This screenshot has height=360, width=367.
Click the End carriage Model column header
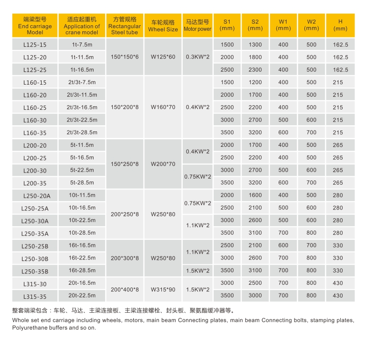coord(35,26)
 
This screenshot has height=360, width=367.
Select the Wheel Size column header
coord(163,26)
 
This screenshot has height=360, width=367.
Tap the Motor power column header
coord(197,26)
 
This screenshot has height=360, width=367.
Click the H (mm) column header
coord(340,26)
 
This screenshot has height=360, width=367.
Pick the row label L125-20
coord(35,57)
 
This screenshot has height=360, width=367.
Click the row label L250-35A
coord(35,233)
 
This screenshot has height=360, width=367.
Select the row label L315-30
coord(35,284)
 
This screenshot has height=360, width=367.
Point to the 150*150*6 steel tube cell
coord(125,57)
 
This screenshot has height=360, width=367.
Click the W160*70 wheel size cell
coord(163,107)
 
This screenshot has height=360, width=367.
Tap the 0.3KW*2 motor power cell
coord(197,57)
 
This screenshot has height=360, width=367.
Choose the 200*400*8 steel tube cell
coord(125,289)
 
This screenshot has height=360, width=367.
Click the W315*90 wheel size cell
coord(163,289)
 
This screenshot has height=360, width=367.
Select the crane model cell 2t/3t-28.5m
coord(82,132)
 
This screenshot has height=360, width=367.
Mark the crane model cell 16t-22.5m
coord(82,258)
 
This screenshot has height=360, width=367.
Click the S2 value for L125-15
coord(255,45)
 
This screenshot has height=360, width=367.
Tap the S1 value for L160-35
coord(227,132)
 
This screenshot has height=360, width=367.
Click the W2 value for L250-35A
coord(311,233)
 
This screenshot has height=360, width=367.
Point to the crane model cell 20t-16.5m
coord(82,283)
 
